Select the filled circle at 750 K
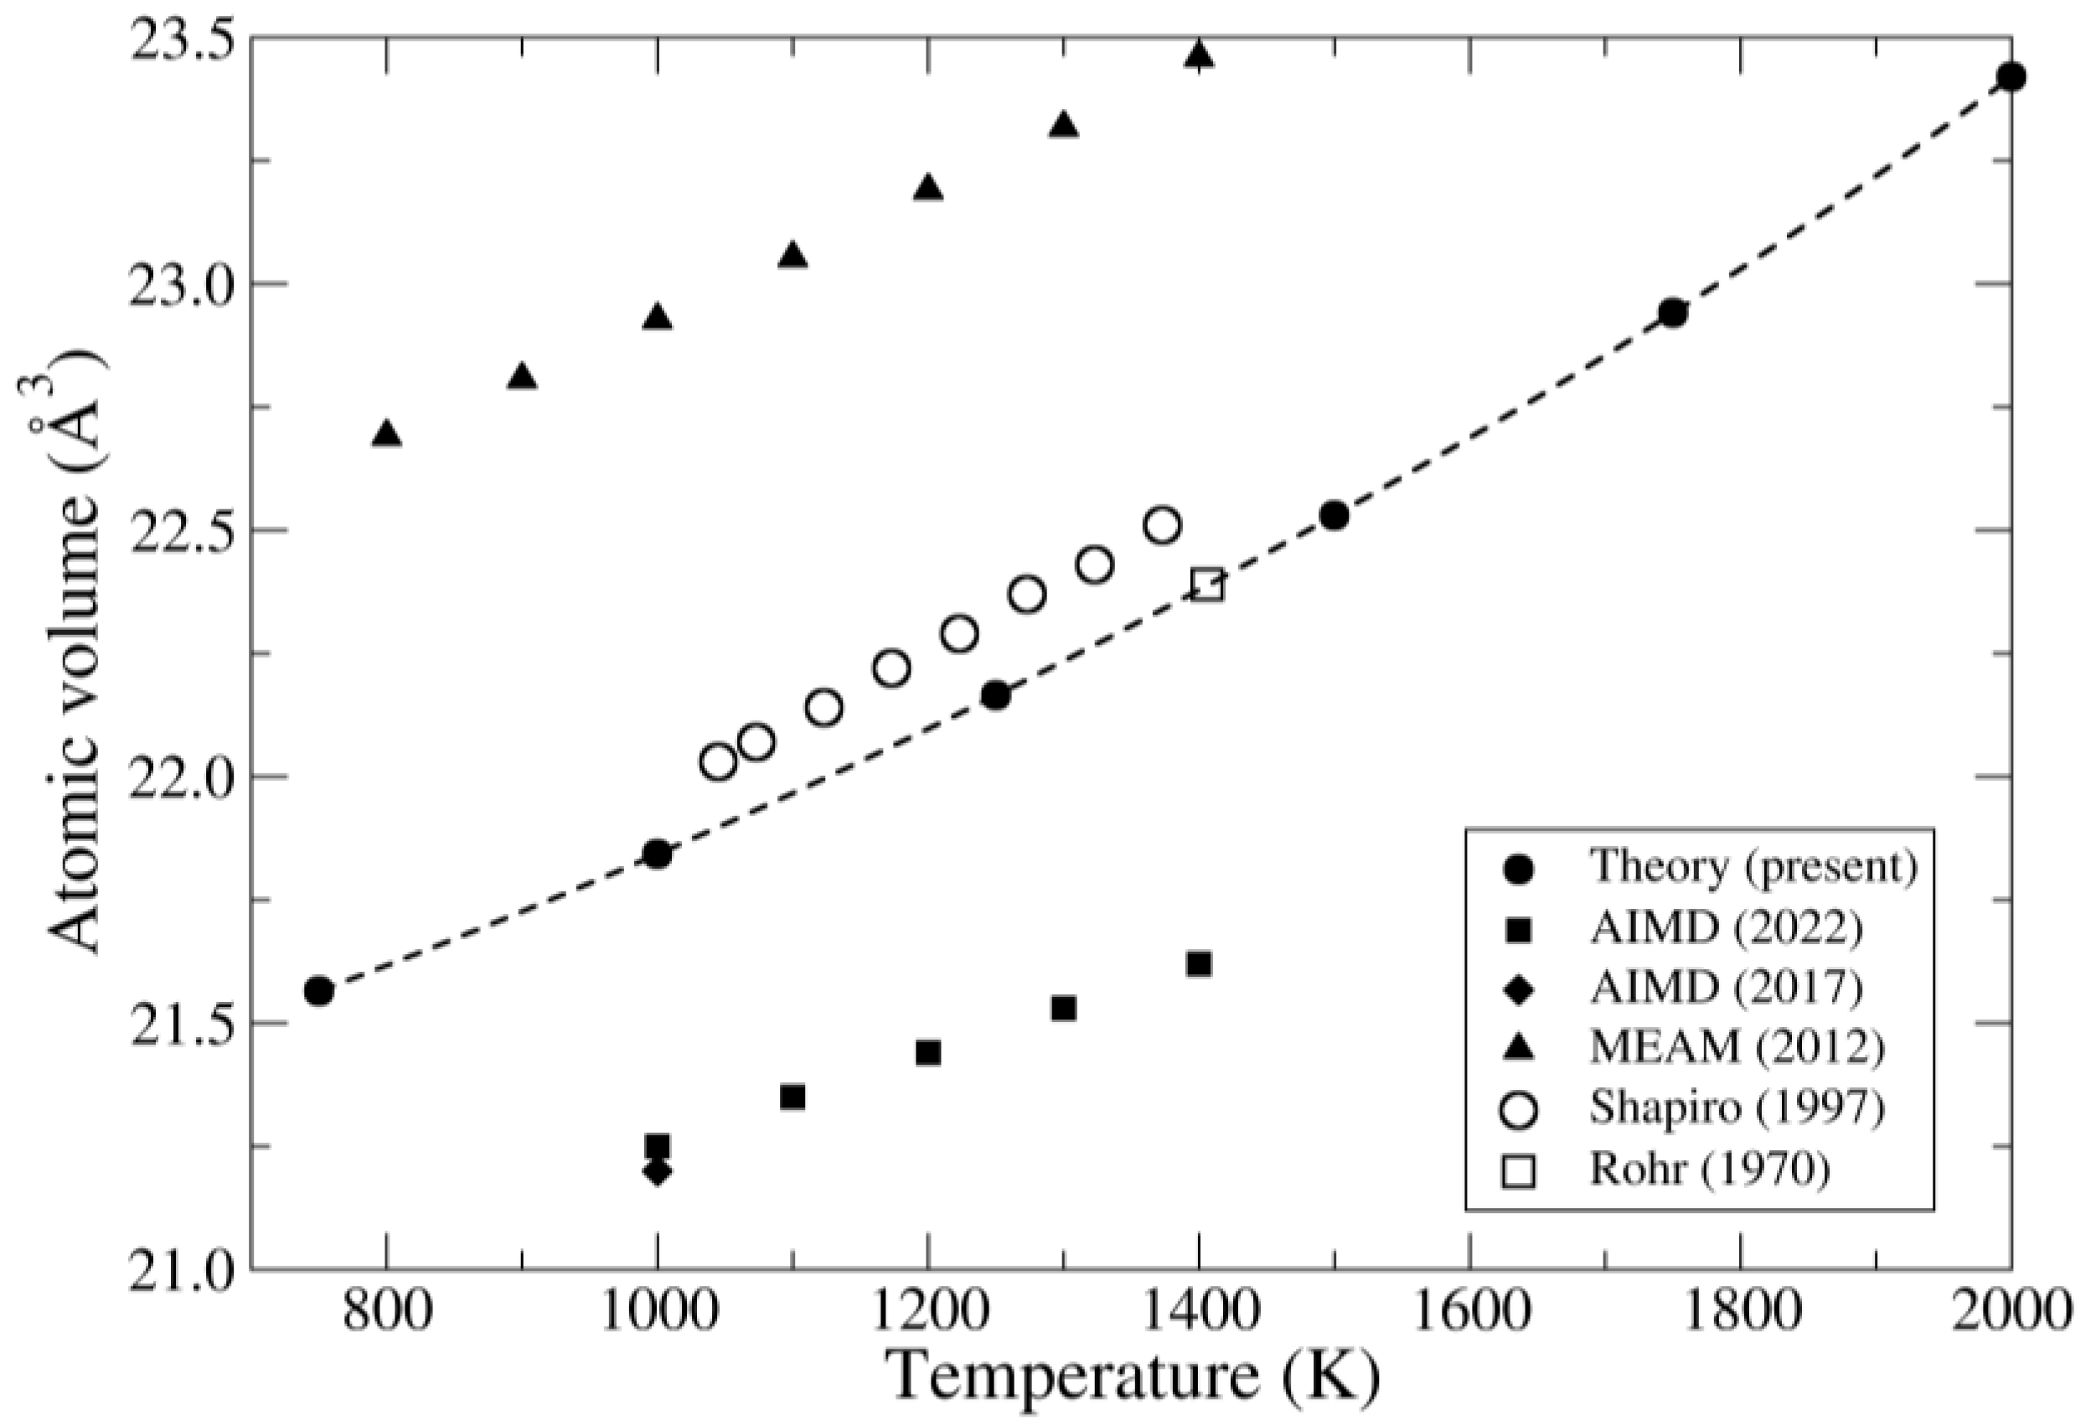point(318,990)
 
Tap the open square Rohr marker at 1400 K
point(1206,585)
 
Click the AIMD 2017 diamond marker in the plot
point(657,1171)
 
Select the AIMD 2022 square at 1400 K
point(1199,964)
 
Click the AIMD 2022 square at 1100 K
point(793,1097)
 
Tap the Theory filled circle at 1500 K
point(1335,515)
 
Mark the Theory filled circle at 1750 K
point(1672,313)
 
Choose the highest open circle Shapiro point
point(1163,525)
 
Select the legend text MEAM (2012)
point(1737,1046)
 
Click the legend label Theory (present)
point(1753,865)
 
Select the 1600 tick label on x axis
point(1469,1313)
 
